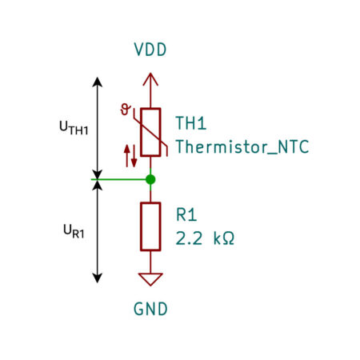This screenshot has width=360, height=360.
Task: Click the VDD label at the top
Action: click(150, 50)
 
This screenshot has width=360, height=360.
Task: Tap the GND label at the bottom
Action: click(150, 309)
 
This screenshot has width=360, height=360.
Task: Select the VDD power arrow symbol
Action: click(150, 79)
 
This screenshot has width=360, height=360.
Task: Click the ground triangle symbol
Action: click(150, 279)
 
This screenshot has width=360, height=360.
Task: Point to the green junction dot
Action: click(150, 179)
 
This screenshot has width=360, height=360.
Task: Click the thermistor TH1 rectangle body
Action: click(150, 132)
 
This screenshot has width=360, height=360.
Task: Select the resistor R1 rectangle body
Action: click(150, 226)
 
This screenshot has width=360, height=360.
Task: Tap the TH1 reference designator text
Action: click(191, 123)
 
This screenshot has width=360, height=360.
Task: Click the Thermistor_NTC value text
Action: click(242, 146)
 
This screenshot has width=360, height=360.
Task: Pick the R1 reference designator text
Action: click(186, 214)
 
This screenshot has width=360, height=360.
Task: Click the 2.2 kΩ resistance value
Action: click(205, 238)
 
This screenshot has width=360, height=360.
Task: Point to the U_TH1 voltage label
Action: click(74, 128)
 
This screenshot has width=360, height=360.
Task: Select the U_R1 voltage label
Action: click(74, 231)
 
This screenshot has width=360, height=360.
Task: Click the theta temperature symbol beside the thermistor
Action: click(126, 110)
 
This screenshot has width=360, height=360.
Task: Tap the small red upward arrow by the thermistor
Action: click(127, 156)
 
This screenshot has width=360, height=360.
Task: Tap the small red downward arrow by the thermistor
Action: click(134, 156)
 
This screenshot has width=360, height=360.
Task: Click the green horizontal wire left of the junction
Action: click(118, 179)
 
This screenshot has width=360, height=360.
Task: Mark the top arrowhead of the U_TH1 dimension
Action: click(98, 82)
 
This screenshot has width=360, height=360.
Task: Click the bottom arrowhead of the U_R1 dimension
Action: click(98, 278)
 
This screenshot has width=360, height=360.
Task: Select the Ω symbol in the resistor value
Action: click(228, 238)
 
